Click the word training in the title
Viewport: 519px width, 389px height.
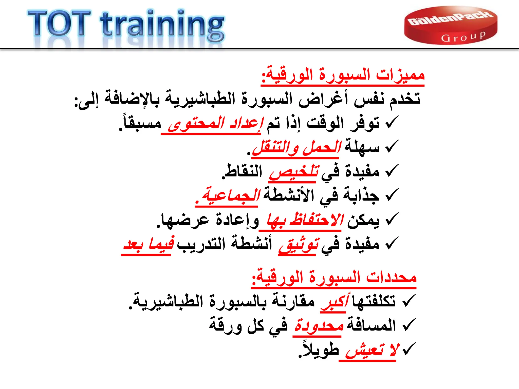click(x=162, y=25)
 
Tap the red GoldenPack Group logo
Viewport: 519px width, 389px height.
click(x=451, y=25)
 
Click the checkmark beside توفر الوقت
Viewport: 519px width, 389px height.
click(x=392, y=122)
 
